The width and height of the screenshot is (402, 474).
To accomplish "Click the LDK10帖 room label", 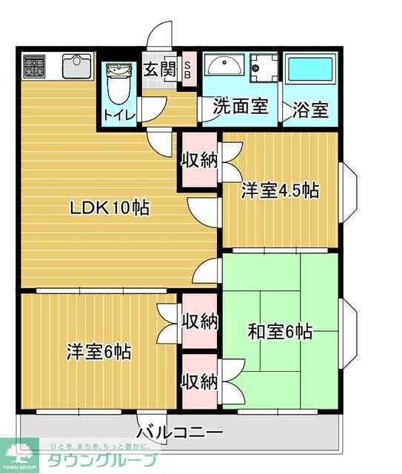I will click(110, 208).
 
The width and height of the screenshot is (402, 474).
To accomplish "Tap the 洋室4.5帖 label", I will click(280, 191).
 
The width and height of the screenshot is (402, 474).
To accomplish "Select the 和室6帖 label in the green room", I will click(280, 331).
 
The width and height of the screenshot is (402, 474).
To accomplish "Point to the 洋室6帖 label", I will click(98, 351).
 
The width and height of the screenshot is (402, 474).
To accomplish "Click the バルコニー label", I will click(180, 433).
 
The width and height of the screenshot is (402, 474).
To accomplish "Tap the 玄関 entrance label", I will click(158, 70).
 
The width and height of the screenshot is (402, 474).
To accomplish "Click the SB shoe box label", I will click(187, 71).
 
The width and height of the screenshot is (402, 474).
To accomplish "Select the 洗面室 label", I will click(240, 107).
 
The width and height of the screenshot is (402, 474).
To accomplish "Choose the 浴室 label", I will click(310, 110).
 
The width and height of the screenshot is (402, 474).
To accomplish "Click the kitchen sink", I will click(76, 67).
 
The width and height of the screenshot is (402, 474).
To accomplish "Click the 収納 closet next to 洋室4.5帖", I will click(199, 160).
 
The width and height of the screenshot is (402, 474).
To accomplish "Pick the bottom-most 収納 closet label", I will click(199, 381).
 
